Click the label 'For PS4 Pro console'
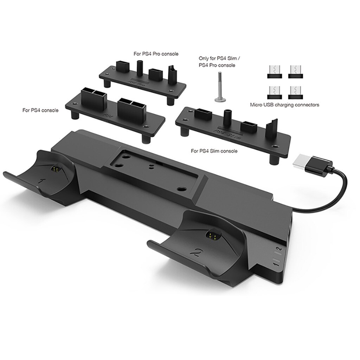pos(156,54)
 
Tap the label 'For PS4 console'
pos(40,110)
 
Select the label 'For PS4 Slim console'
pos(214,151)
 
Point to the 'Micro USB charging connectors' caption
pos(284,104)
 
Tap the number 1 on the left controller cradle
pos(42,182)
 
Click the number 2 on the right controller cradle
pos(197,252)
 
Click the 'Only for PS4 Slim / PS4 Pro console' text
pos(217,62)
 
